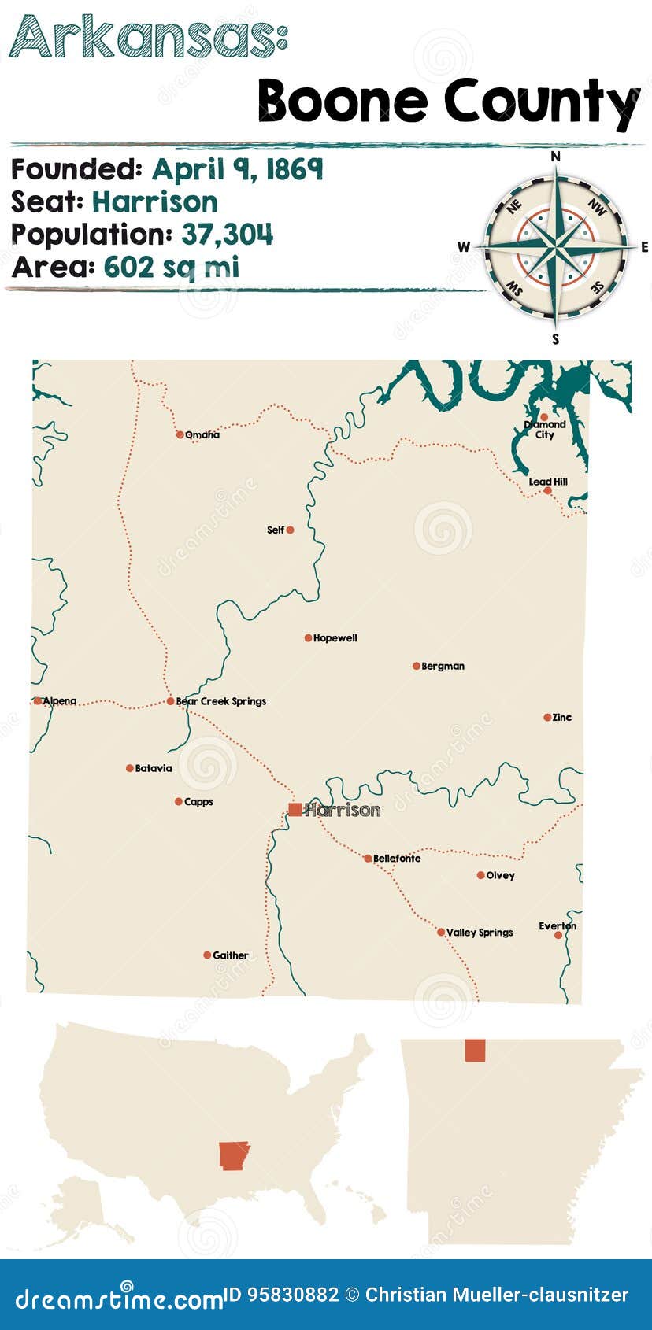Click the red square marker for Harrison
tap(295, 809)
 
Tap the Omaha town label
tap(202, 434)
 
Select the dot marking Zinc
tap(547, 717)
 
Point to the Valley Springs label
tap(480, 933)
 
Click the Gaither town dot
tap(207, 955)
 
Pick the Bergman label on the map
tap(443, 666)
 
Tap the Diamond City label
tap(545, 430)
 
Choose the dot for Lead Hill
tap(547, 490)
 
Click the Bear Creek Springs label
tap(221, 701)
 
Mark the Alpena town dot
tap(38, 700)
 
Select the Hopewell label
tap(335, 638)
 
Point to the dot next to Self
tap(290, 530)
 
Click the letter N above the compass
tap(556, 156)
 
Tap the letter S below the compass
tap(556, 339)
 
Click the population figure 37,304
tap(228, 235)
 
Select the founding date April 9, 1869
tap(237, 169)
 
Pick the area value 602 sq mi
tap(171, 268)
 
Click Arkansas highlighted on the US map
tap(234, 1155)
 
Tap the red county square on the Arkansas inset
tap(475, 1050)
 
